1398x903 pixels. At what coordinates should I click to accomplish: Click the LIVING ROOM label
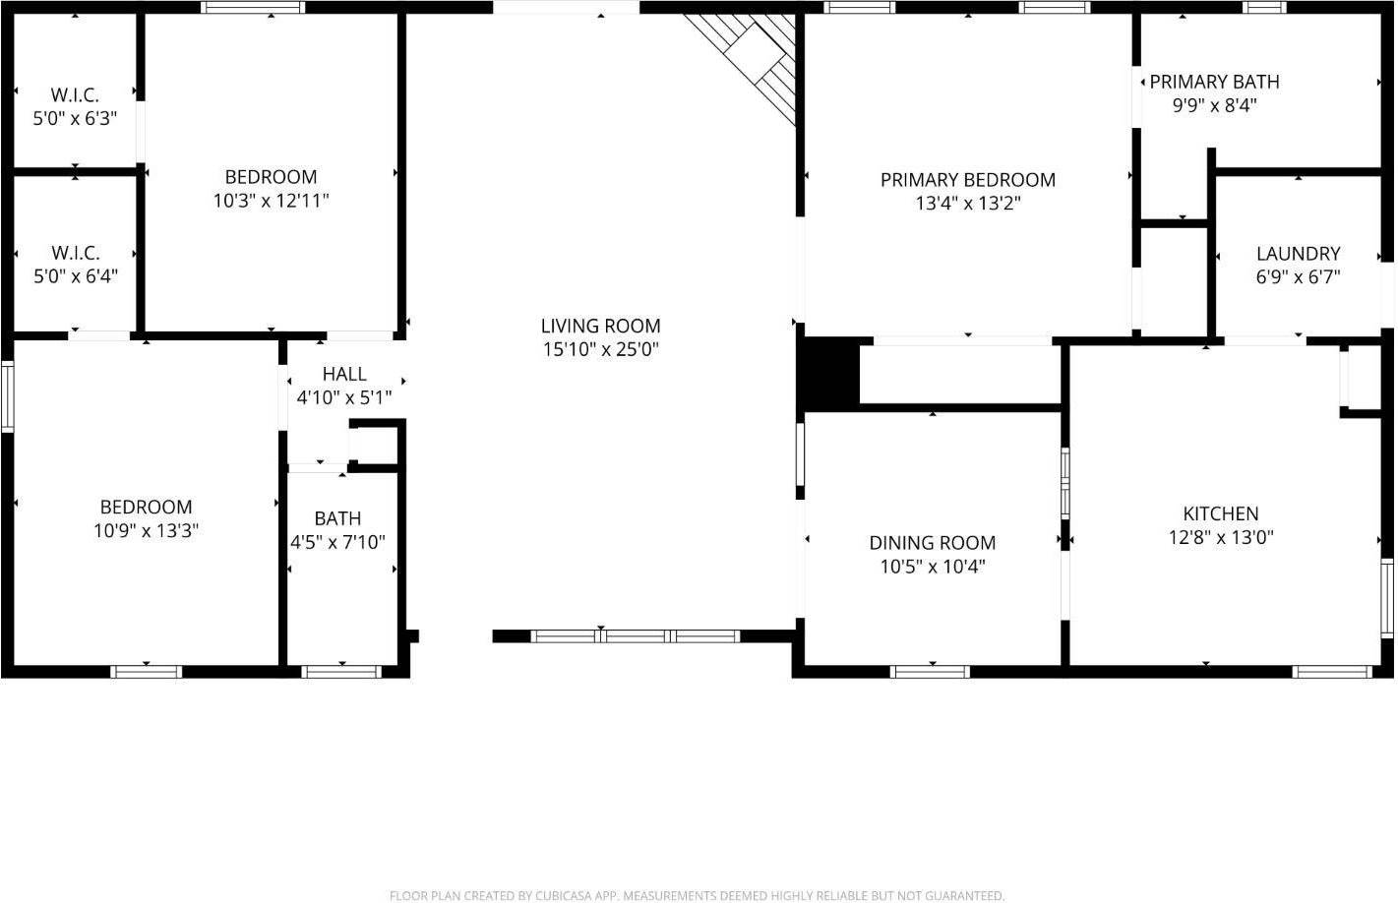[600, 326]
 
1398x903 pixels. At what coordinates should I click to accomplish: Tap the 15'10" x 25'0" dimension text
[600, 349]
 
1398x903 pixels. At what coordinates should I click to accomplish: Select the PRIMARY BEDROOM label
[967, 180]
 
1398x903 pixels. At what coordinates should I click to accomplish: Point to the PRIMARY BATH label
[1214, 82]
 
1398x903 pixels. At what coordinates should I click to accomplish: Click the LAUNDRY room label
[1298, 254]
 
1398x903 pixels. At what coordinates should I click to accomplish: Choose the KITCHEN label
[1220, 513]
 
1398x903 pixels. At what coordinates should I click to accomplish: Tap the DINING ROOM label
[932, 543]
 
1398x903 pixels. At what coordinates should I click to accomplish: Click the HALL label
[344, 374]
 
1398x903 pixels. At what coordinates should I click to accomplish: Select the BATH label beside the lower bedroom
[337, 518]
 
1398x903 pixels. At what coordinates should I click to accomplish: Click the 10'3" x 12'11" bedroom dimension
[271, 201]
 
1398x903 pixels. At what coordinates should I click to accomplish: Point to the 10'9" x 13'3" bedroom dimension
[146, 531]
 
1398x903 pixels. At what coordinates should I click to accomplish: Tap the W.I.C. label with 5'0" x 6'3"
[75, 95]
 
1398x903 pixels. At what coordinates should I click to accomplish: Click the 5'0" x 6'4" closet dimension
[76, 276]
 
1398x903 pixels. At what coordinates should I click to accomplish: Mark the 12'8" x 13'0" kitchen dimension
[1220, 538]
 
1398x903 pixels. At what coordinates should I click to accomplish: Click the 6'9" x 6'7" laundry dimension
[1298, 277]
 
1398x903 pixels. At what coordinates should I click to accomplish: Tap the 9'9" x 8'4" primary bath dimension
[1214, 105]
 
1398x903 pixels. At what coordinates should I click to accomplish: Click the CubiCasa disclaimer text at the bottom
[697, 895]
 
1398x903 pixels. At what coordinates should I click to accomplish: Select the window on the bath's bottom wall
[340, 672]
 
